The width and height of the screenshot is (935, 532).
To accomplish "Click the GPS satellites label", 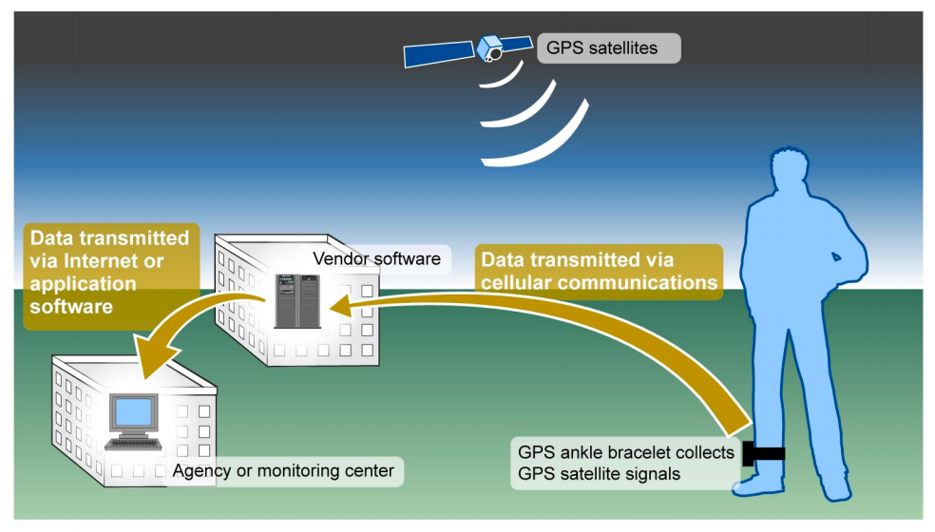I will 608,47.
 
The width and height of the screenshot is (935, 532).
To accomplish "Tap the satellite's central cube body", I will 491,47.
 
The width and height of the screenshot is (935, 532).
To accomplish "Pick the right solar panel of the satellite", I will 514,43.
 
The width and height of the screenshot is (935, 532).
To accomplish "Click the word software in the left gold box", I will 72,307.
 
